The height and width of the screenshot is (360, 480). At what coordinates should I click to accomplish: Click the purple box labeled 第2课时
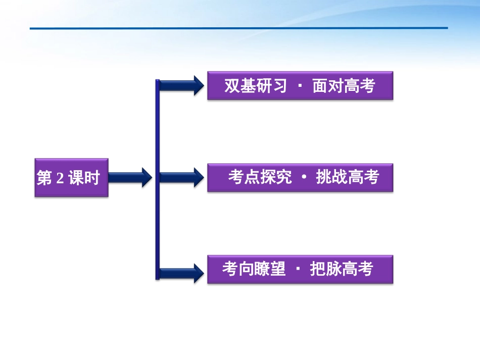pos(71,178)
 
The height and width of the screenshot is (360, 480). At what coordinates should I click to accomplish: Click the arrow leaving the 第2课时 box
pos(130,177)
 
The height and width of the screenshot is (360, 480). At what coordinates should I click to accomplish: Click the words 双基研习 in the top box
pos(256,86)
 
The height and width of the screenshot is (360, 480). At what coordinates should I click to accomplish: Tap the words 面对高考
pos(344,86)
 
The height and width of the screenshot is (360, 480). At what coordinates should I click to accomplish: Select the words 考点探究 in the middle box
pos(259,178)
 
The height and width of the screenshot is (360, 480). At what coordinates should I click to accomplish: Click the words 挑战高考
pos(347,178)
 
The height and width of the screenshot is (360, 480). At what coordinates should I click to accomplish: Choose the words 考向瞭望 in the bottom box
pos(254,269)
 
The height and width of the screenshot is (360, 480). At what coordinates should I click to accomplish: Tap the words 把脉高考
pos(342,269)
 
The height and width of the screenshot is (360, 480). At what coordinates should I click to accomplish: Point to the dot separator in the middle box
pos(303,178)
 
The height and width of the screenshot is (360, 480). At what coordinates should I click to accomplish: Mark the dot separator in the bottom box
pos(298,269)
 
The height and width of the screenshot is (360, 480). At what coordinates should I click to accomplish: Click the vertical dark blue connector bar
pos(158,179)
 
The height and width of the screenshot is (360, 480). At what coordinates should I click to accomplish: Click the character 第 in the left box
pos(44,178)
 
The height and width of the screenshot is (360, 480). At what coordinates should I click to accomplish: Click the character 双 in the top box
pos(232,86)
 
